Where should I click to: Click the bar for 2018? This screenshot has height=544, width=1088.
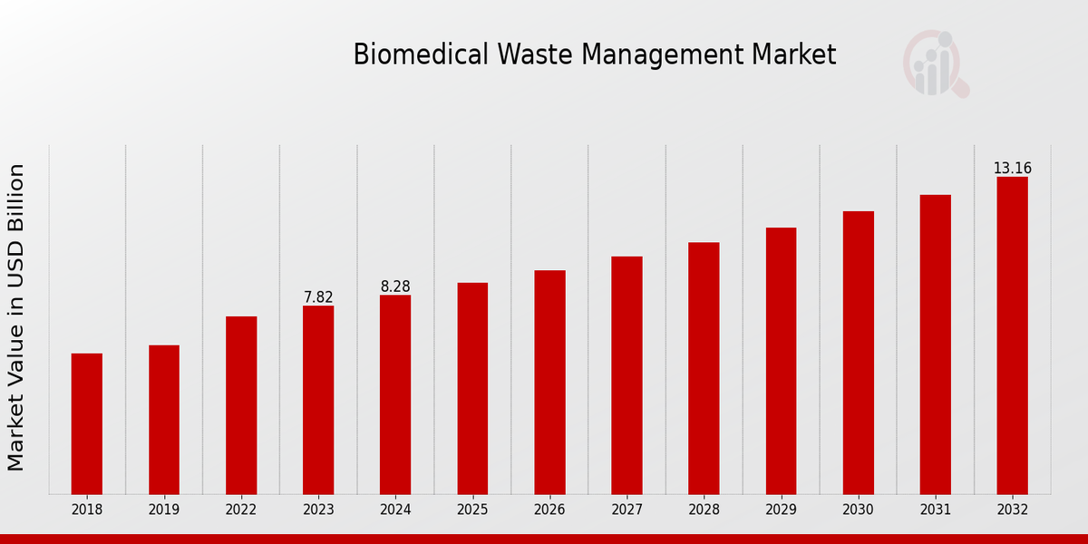click(87, 423)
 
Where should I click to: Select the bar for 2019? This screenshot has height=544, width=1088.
click(164, 419)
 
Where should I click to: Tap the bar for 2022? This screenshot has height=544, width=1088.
click(241, 404)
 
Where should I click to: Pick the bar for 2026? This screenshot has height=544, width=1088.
click(549, 382)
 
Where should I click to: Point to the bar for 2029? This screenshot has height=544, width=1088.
click(781, 360)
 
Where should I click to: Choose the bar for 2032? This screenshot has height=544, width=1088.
click(1012, 335)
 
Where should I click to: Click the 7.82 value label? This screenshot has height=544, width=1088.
click(318, 297)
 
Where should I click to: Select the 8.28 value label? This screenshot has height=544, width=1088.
click(395, 287)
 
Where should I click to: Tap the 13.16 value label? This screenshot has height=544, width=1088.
click(1012, 169)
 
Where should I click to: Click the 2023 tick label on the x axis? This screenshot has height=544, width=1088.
click(318, 510)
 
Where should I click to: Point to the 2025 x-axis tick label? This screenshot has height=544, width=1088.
click(472, 510)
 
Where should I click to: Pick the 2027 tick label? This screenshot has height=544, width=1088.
click(627, 510)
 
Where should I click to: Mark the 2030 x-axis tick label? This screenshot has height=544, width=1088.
click(858, 510)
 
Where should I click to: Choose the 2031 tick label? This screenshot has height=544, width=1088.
click(935, 510)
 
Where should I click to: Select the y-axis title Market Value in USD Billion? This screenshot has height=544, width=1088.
click(16, 317)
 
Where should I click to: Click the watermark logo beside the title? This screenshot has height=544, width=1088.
click(935, 63)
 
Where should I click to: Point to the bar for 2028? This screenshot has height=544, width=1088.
click(704, 367)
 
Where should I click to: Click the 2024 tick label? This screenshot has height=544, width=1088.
click(395, 510)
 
